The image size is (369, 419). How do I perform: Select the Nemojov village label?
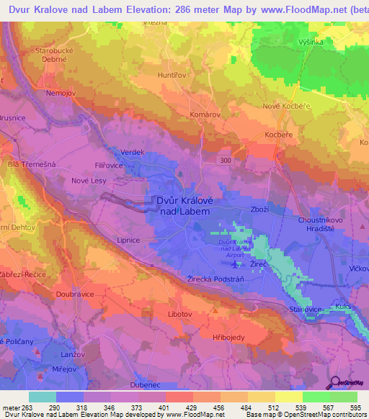click(61, 94)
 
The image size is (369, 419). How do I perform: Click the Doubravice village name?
click(75, 294)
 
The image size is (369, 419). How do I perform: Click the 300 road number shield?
click(226, 160)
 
